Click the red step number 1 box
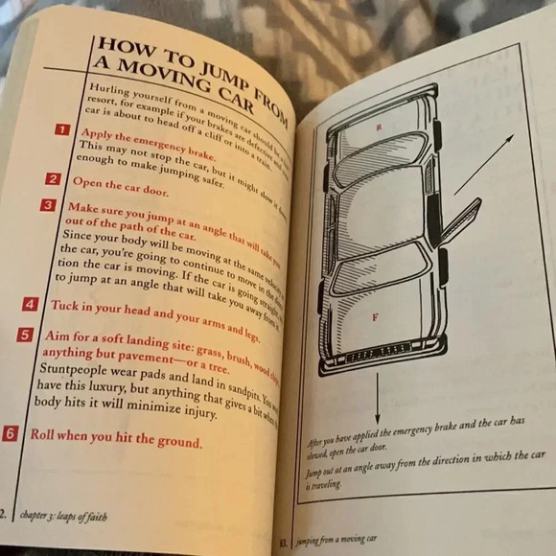(61, 129)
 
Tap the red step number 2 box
(54, 179)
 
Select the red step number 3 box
(48, 205)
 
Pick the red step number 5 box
(25, 336)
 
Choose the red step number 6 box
(11, 433)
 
